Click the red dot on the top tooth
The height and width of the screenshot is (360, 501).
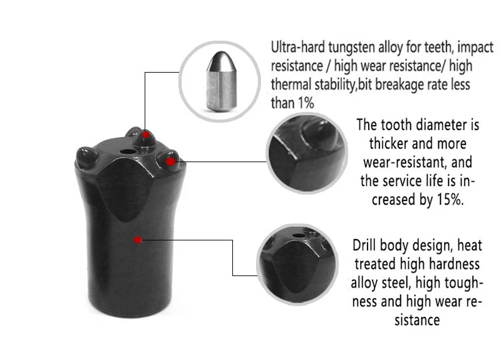click(146, 135)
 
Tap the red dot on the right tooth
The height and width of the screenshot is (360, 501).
click(170, 162)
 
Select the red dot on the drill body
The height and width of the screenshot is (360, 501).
click(138, 239)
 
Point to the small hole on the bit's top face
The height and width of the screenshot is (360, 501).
click(132, 150)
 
